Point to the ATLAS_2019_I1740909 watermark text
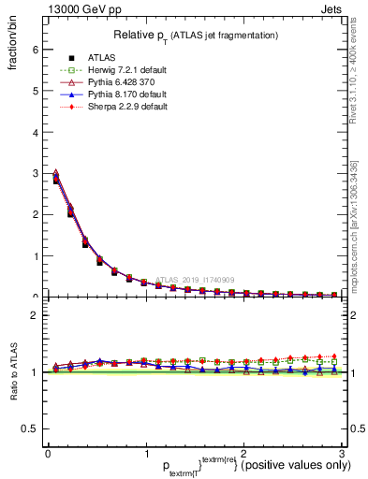(197, 279)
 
